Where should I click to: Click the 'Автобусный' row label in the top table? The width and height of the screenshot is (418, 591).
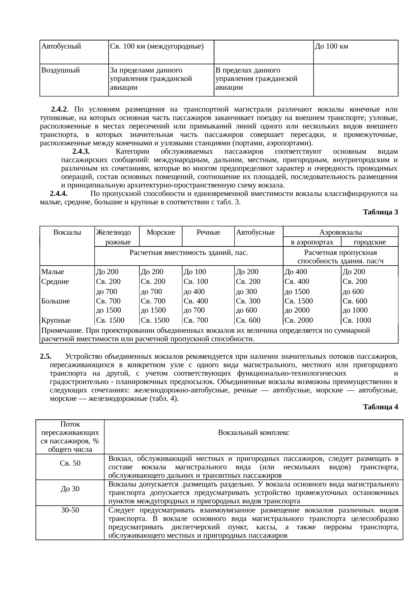pyautogui.click(x=61, y=47)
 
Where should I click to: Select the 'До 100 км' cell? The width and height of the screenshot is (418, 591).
pyautogui.click(x=331, y=47)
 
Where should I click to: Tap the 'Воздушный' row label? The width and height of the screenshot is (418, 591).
pyautogui.click(x=60, y=70)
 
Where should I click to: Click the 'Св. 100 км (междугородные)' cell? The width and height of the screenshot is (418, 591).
pyautogui.click(x=157, y=47)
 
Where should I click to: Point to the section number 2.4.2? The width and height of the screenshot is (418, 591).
pyautogui.click(x=59, y=110)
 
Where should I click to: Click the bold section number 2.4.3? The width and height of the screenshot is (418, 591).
pyautogui.click(x=81, y=151)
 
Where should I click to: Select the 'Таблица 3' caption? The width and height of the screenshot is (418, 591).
pyautogui.click(x=381, y=212)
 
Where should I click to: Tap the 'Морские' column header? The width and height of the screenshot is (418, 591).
pyautogui.click(x=161, y=232)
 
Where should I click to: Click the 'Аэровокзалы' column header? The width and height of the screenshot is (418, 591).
pyautogui.click(x=340, y=232)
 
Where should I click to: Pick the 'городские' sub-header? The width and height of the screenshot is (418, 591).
pyautogui.click(x=369, y=242)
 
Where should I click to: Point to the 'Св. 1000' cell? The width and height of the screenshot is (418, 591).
pyautogui.click(x=357, y=320)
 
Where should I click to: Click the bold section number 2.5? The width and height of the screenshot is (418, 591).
pyautogui.click(x=45, y=356)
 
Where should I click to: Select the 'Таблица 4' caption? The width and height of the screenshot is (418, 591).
pyautogui.click(x=381, y=407)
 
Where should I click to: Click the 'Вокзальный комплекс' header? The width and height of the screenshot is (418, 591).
pyautogui.click(x=253, y=433)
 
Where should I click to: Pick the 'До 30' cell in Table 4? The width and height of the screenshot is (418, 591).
pyautogui.click(x=70, y=489)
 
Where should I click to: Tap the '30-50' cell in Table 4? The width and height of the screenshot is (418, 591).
pyautogui.click(x=70, y=510)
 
